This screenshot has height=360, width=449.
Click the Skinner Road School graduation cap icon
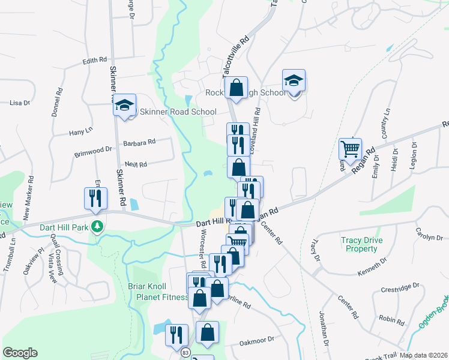pos(125,106)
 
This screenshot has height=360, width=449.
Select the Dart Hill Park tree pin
pos(96,227)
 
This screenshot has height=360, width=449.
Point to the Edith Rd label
pos(94,61)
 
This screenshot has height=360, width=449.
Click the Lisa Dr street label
pos(20,103)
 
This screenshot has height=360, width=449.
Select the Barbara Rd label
pos(139,142)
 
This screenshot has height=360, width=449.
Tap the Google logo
pos(20,353)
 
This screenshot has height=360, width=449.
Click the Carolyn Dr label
pos(430,233)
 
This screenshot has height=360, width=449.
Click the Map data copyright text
pos(423,355)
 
